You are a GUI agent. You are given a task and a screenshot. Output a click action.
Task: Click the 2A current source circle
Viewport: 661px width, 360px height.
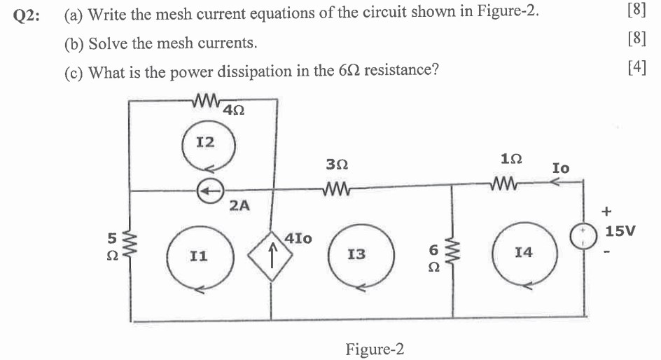tap(209, 189)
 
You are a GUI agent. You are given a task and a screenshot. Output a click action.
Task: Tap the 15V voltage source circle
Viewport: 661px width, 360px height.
tap(583, 236)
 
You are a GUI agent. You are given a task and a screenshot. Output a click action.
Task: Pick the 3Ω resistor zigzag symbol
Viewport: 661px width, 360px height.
tap(337, 188)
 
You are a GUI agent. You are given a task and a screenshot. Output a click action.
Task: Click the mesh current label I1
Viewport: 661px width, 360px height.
tap(199, 257)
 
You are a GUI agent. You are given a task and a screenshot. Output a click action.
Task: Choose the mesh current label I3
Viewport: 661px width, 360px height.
tap(356, 254)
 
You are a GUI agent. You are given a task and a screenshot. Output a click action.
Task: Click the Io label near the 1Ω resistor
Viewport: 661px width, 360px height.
tap(561, 168)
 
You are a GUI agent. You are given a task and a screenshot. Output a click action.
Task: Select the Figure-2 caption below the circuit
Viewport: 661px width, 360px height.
tap(375, 348)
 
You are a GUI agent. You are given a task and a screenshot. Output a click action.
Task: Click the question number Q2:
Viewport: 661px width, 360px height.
tap(28, 16)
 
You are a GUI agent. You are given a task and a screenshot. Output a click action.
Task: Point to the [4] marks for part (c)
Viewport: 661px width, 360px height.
tap(636, 68)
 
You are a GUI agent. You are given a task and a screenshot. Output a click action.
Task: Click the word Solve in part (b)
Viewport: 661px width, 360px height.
tap(105, 43)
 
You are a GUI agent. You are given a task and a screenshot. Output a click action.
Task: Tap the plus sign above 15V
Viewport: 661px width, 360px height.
tap(606, 209)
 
